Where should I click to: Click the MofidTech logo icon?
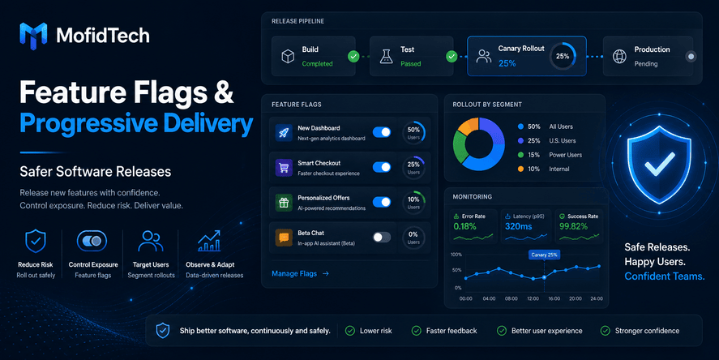(33, 36)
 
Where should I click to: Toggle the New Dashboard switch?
(382, 132)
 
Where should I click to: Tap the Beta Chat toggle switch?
(382, 237)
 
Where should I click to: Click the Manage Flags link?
(301, 274)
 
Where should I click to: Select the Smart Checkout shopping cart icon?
(284, 168)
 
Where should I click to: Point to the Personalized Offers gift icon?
(284, 203)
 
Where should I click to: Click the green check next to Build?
(353, 57)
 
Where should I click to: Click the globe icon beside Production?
(619, 57)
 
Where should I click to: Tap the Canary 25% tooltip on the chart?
(544, 255)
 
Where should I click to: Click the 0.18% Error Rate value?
(465, 226)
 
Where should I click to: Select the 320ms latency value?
(519, 226)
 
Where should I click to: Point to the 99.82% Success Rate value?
(573, 226)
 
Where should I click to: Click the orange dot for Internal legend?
(520, 169)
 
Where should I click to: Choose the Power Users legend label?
(565, 155)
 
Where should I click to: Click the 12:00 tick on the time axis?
(533, 298)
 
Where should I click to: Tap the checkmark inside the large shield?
(659, 164)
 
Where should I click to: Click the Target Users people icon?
(151, 242)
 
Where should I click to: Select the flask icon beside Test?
(387, 57)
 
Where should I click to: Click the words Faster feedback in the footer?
(452, 331)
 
